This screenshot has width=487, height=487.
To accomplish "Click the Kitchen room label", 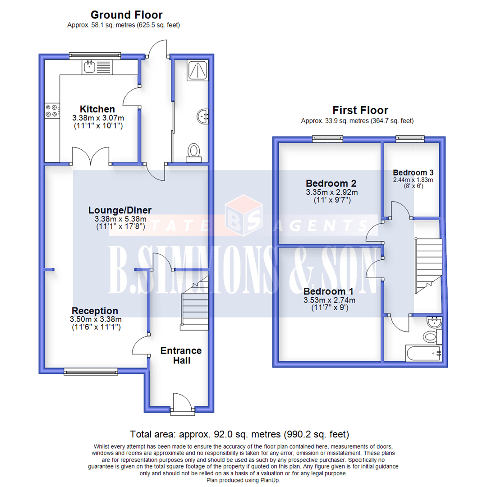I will click(97, 109).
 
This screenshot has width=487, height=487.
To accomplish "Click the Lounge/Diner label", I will click(119, 210).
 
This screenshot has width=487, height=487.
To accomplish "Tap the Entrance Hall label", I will click(181, 355).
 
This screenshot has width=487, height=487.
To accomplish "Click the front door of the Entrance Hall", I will click(180, 402).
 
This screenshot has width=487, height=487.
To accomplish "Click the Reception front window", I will click(91, 371).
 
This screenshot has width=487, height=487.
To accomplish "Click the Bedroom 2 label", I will click(331, 184).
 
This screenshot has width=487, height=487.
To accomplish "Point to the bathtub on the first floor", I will click(423, 354).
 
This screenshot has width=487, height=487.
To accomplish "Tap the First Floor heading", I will click(360, 110).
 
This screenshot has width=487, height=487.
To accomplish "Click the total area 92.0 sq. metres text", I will click(239, 435).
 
